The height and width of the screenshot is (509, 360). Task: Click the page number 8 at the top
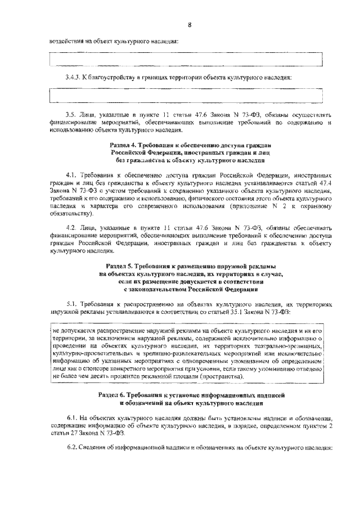point(190,24)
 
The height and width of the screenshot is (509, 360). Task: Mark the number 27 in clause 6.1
point(72,434)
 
